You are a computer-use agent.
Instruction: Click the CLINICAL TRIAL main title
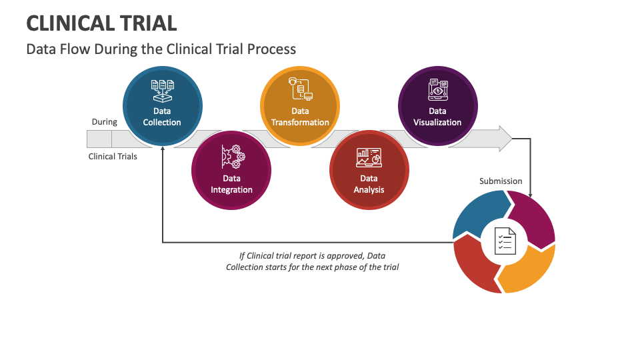point(101,23)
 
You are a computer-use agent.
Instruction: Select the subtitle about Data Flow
point(161,49)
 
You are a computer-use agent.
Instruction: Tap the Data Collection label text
point(162,117)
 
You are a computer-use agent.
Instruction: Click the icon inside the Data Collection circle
point(162,91)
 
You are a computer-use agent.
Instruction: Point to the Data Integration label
point(231,184)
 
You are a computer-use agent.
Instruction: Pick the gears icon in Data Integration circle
point(231,157)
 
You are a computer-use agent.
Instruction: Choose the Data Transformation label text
point(300,117)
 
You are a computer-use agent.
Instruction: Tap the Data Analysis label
point(369,184)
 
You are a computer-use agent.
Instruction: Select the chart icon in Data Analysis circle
point(369,158)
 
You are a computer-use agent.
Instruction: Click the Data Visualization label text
point(437,117)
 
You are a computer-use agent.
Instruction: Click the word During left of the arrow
point(104,122)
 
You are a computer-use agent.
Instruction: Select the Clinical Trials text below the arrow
point(113,157)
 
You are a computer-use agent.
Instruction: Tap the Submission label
point(501,181)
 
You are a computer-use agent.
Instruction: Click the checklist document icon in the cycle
point(504,241)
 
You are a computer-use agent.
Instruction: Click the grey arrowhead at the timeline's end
point(503,139)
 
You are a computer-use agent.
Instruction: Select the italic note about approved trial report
point(312,261)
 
